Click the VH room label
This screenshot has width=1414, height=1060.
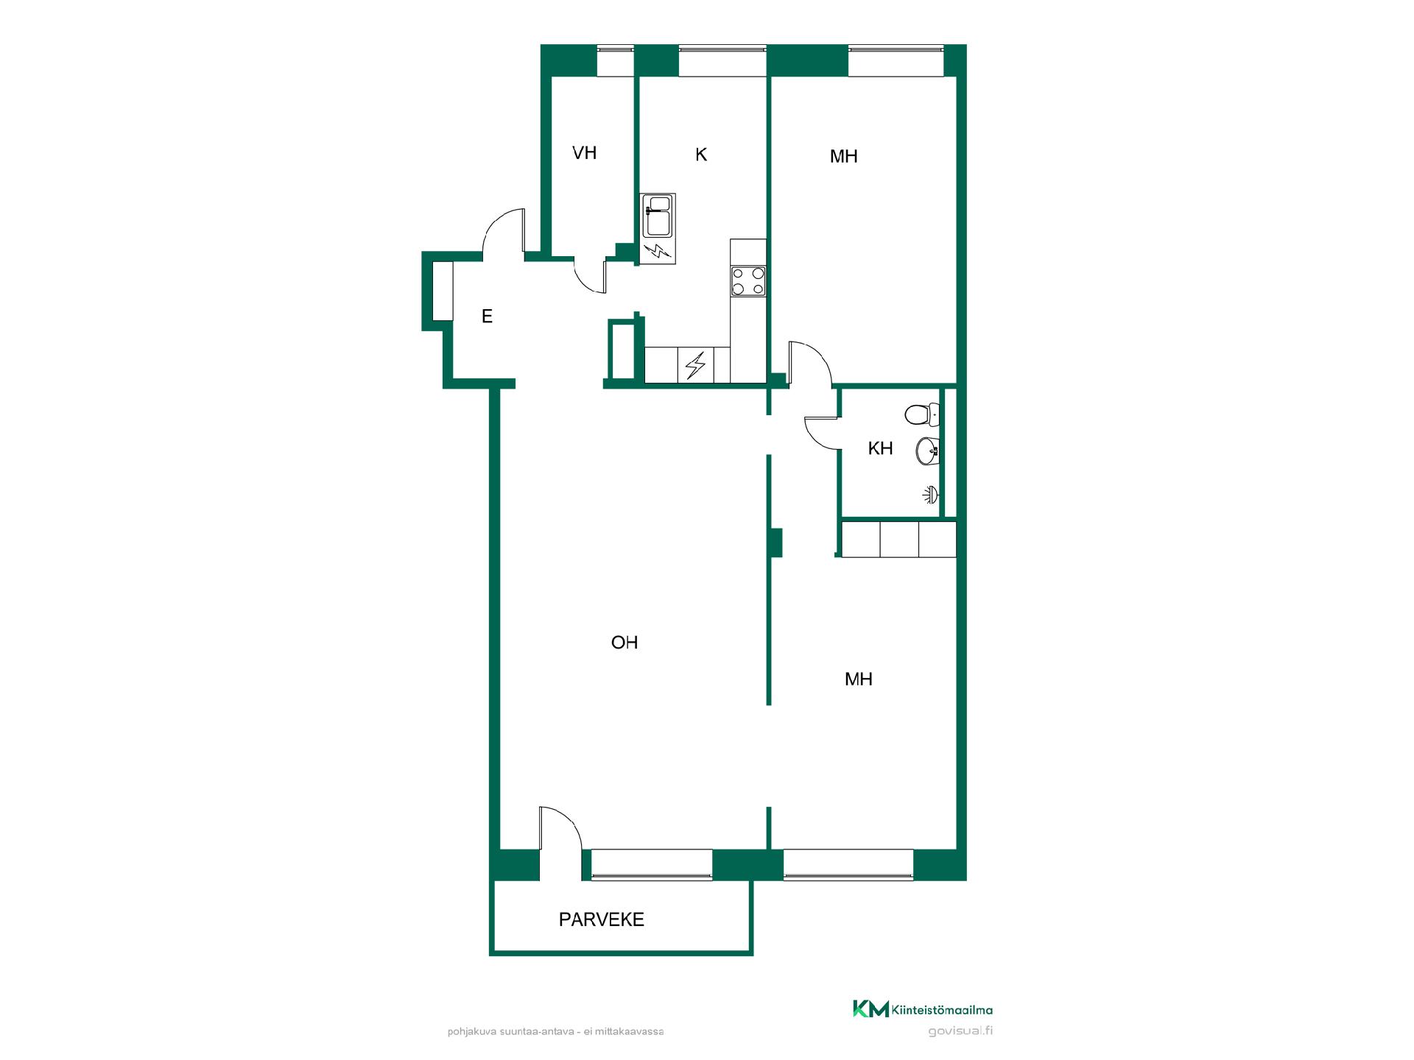(x=584, y=153)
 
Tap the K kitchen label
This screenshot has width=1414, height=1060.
(x=701, y=155)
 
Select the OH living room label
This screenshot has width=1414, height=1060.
(x=625, y=643)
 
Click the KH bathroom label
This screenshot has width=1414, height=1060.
(x=880, y=448)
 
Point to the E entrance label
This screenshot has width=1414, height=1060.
(x=487, y=317)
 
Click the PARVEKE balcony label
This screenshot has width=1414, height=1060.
(x=602, y=919)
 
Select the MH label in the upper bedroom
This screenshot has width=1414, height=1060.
(x=844, y=156)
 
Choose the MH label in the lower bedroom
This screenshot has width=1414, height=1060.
(x=859, y=679)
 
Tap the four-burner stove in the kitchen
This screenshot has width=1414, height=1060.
(x=748, y=281)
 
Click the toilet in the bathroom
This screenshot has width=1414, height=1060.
(x=922, y=414)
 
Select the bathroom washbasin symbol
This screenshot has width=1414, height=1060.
(x=927, y=451)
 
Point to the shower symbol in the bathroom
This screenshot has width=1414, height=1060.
(x=932, y=495)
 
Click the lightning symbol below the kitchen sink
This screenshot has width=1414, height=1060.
(x=657, y=252)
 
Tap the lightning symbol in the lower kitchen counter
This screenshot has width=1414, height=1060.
(x=695, y=365)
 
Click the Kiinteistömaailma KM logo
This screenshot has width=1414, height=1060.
(x=922, y=1009)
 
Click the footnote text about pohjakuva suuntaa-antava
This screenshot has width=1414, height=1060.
(x=555, y=1032)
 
